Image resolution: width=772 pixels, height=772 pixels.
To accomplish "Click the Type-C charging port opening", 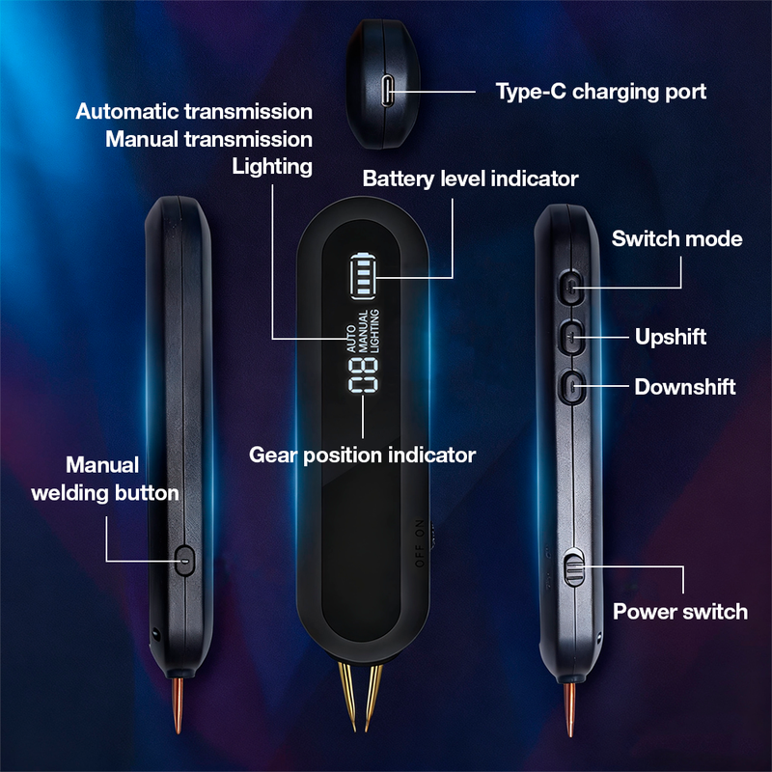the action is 388,91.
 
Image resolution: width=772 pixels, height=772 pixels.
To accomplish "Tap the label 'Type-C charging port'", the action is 600,92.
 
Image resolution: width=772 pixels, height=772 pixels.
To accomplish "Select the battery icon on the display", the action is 364,276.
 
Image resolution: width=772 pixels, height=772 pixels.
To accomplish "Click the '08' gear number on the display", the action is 364,375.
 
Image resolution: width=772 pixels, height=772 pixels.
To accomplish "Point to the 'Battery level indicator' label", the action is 470,179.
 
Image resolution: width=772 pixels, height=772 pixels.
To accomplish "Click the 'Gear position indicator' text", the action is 363,455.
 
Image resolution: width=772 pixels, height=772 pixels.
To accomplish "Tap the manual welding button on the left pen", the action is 184,560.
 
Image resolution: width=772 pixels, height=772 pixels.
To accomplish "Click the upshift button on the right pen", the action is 571,337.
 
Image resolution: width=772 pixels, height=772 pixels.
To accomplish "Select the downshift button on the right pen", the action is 571,387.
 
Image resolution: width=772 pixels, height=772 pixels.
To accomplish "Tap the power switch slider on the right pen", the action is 573,567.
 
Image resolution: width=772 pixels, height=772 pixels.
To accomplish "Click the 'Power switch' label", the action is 680,612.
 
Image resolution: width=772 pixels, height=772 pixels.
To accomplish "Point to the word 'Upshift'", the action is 671,337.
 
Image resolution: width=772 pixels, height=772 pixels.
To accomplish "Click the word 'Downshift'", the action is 685,387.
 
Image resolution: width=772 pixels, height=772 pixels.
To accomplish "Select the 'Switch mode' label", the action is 677,238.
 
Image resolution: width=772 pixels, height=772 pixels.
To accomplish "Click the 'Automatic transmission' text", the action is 194,111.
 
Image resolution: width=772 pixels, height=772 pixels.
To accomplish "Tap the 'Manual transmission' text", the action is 208,139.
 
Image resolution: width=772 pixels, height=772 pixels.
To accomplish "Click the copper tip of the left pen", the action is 178,705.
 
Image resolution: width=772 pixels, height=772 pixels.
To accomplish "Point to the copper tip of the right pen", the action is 570,709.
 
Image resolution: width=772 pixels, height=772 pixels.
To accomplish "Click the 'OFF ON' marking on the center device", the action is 420,543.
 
